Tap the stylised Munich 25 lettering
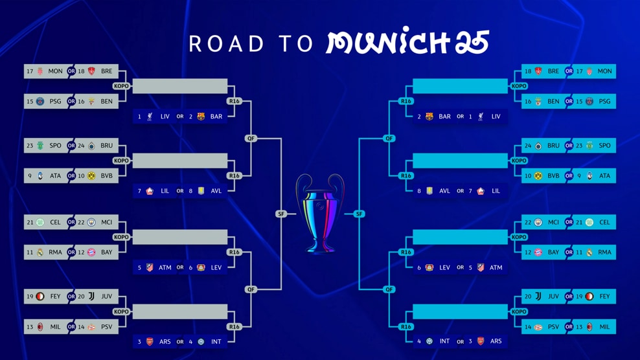click(x=407, y=42)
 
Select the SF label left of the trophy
click(x=281, y=214)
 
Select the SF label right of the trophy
click(x=360, y=214)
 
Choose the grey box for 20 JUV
click(x=97, y=297)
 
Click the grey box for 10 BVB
click(x=97, y=175)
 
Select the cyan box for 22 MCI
click(x=545, y=222)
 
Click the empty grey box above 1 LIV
click(x=180, y=86)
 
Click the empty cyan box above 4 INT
click(x=460, y=311)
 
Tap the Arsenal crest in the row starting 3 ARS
click(x=150, y=341)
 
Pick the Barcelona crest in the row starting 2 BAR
click(x=429, y=117)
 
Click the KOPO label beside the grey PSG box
click(x=121, y=86)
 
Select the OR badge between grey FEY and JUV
click(x=71, y=297)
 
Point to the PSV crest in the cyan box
click(x=538, y=327)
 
